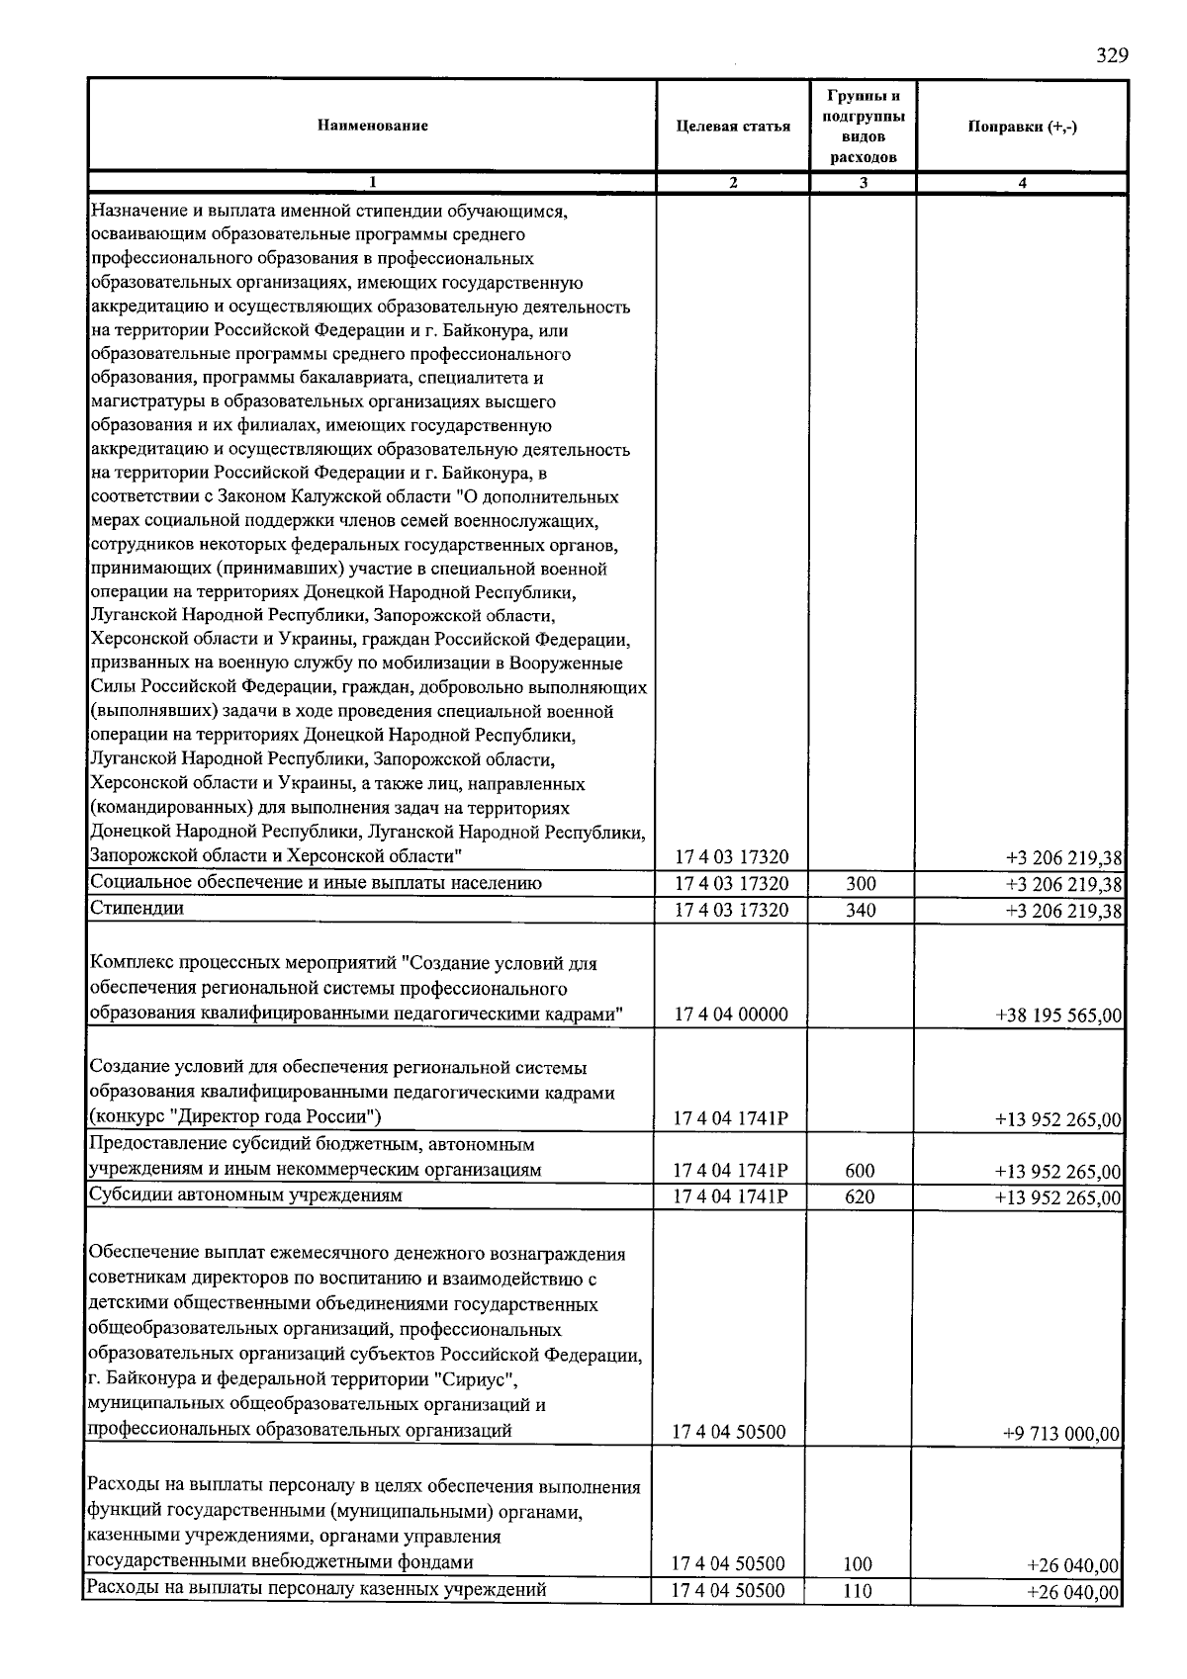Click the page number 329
coord(1112,55)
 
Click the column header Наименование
coord(373,126)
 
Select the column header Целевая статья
coord(733,127)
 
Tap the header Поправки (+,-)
coord(1022,127)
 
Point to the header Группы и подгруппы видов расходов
coord(864,126)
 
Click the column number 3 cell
coord(864,182)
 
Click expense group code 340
coord(861,910)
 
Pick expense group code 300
coord(861,884)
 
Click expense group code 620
coord(860,1196)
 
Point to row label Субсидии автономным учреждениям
coord(246,1195)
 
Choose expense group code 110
coord(858,1591)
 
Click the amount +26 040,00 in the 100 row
coord(1072,1565)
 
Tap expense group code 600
coord(860,1171)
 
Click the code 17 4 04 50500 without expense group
coord(729,1432)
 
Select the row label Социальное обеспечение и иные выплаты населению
coord(316,883)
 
